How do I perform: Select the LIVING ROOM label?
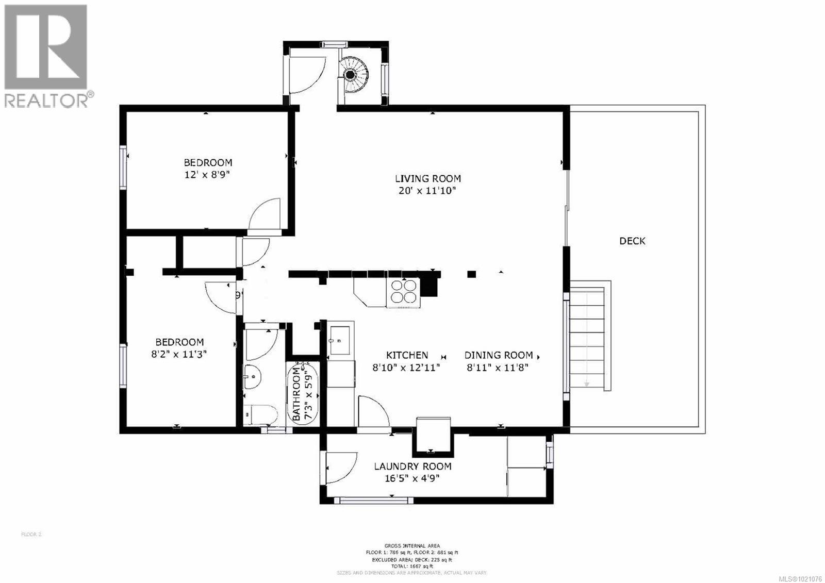point(427,179)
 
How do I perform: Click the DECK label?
point(632,241)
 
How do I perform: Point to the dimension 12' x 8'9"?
point(207,175)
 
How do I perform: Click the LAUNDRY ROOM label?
point(412,467)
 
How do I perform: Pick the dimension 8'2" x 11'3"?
point(179,354)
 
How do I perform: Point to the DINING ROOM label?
point(498,355)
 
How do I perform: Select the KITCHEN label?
point(407,355)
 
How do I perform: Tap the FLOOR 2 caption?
point(31,535)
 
